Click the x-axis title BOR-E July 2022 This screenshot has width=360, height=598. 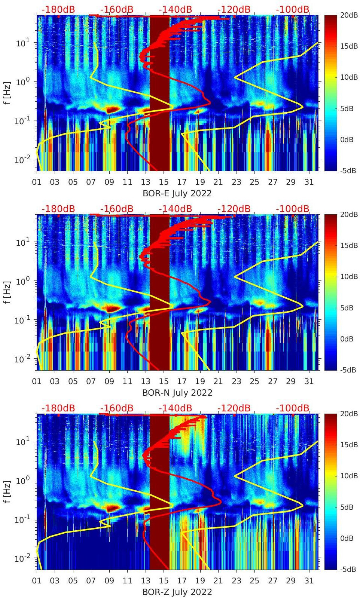tap(177, 193)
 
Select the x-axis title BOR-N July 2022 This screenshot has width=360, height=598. tap(177, 393)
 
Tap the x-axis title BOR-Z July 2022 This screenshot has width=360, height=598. tap(177, 592)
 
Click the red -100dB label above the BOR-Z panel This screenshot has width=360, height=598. tap(293, 408)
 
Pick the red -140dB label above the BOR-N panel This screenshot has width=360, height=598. tap(175, 209)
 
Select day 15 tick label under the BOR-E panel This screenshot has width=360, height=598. tap(164, 182)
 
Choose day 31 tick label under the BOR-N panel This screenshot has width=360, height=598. tap(309, 381)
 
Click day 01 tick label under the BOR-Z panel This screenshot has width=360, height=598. tap(37, 581)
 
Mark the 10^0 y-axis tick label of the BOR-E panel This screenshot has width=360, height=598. tap(23, 82)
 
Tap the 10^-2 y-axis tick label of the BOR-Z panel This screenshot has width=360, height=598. tap(22, 558)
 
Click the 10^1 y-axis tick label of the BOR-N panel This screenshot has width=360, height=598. tap(23, 242)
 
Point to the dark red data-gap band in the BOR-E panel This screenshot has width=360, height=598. tap(159, 93)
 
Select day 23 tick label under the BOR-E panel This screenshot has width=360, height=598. tap(236, 182)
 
